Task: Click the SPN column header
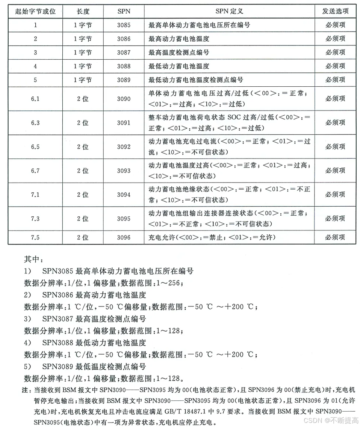(x=124, y=11)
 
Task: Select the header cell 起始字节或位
(x=35, y=11)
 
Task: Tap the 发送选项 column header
(x=335, y=11)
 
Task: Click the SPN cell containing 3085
(x=124, y=25)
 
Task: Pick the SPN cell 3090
(x=124, y=99)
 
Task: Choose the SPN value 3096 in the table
(x=124, y=237)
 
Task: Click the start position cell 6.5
(x=35, y=147)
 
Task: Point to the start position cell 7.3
(x=35, y=219)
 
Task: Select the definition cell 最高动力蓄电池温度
(x=179, y=39)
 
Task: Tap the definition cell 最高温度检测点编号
(x=179, y=53)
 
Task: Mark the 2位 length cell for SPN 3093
(x=83, y=170)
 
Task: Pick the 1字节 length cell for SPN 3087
(x=83, y=53)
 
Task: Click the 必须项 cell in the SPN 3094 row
(x=335, y=195)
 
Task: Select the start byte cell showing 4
(x=35, y=66)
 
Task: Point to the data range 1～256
(x=171, y=283)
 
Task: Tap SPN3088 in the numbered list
(x=58, y=343)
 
